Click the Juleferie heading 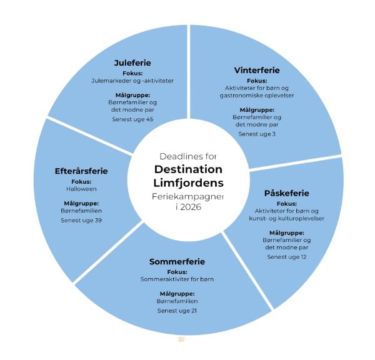[x=132, y=62]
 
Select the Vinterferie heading [x=257, y=69]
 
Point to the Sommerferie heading [x=177, y=261]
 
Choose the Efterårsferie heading [x=81, y=171]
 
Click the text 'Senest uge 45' [x=132, y=119]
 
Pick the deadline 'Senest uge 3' [x=257, y=134]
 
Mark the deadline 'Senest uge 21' [x=177, y=310]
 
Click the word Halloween [x=81, y=188]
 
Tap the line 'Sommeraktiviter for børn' [x=177, y=279]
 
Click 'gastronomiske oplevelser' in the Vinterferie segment [x=257, y=95]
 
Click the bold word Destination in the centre [x=188, y=170]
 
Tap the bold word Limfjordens [x=188, y=183]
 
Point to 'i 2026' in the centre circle [x=187, y=207]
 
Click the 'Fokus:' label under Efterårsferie [x=81, y=181]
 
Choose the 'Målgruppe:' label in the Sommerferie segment [x=177, y=293]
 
